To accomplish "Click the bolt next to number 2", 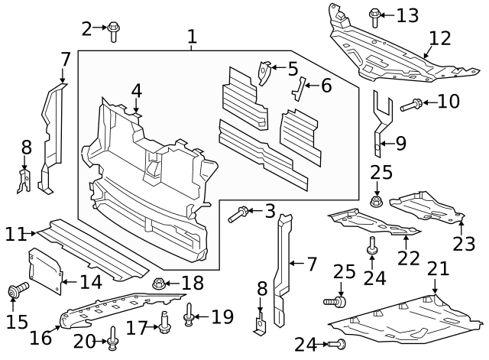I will (x=113, y=30).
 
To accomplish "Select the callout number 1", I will (x=192, y=36).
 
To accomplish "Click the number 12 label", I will (x=440, y=37).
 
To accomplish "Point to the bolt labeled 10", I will (x=409, y=103).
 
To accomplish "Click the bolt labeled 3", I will (x=236, y=215).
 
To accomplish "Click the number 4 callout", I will (x=136, y=91).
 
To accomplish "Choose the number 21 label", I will (x=437, y=268).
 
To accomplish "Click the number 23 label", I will (x=464, y=243).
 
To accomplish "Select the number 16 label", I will (x=40, y=337).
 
